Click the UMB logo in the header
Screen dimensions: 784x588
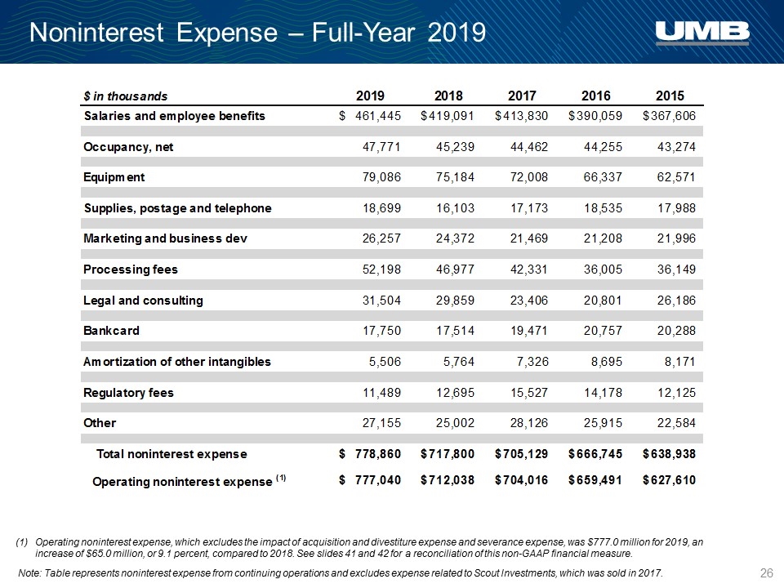click(x=702, y=33)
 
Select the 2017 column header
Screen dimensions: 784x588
click(x=522, y=96)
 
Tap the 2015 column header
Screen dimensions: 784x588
click(x=670, y=96)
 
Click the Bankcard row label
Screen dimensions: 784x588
click(x=112, y=331)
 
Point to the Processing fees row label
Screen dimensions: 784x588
click(x=131, y=269)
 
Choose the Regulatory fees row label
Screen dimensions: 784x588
click(x=128, y=393)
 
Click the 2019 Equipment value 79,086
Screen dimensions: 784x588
click(x=381, y=177)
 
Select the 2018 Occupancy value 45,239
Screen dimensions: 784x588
click(x=455, y=146)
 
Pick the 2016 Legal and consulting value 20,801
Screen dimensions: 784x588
click(x=603, y=300)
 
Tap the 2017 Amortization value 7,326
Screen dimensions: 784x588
click(x=533, y=362)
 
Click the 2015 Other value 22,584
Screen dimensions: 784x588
click(x=676, y=423)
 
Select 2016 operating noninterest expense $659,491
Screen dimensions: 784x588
click(x=595, y=480)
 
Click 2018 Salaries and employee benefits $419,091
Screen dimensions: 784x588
click(x=448, y=116)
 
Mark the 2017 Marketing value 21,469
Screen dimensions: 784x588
click(x=529, y=238)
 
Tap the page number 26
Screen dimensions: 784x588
click(x=767, y=573)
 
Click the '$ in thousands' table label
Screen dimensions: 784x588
click(x=126, y=96)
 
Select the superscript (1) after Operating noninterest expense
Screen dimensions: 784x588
click(x=280, y=478)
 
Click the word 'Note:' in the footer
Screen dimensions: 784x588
click(x=30, y=573)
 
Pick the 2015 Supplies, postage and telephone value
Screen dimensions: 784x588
click(x=676, y=208)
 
